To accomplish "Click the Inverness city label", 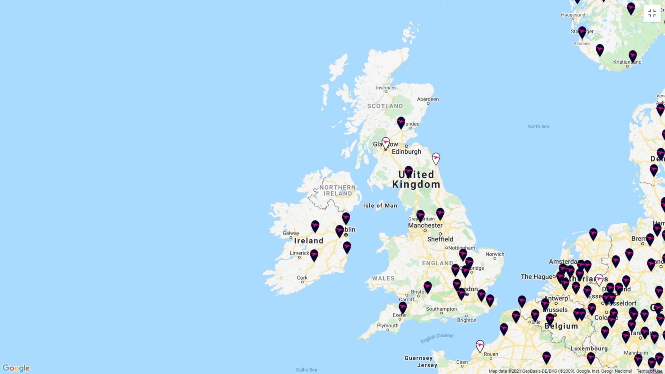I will pos(386,88).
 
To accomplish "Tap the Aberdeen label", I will pos(428,99).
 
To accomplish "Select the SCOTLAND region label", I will pos(385,106).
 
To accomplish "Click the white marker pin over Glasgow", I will pos(386,143).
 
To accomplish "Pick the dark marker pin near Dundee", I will pos(401,123).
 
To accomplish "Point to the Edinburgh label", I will pos(406,152).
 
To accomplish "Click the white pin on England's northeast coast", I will pos(436,158).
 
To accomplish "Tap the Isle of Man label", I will pos(380,206).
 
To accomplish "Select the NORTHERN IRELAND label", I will pos(338,190).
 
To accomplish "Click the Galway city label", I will pos(291,233).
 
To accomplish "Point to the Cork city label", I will pos(302,278).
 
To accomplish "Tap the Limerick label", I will pos(300,253).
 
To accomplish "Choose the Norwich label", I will pos(494,254).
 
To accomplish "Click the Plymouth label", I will pos(387,326).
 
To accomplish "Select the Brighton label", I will pos(467,320).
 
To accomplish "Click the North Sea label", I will pos(539,126).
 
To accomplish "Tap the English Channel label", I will pos(437,338).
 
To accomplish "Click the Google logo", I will pos(16,368).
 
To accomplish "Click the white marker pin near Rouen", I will pos(480,346).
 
